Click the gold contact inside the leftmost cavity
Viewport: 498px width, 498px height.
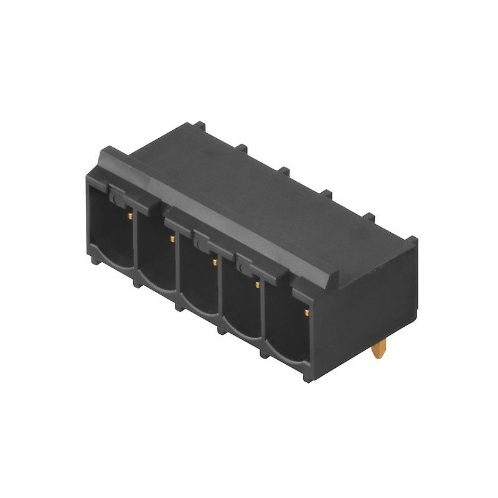click(x=129, y=215)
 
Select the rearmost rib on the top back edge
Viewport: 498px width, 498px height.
click(x=200, y=126)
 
